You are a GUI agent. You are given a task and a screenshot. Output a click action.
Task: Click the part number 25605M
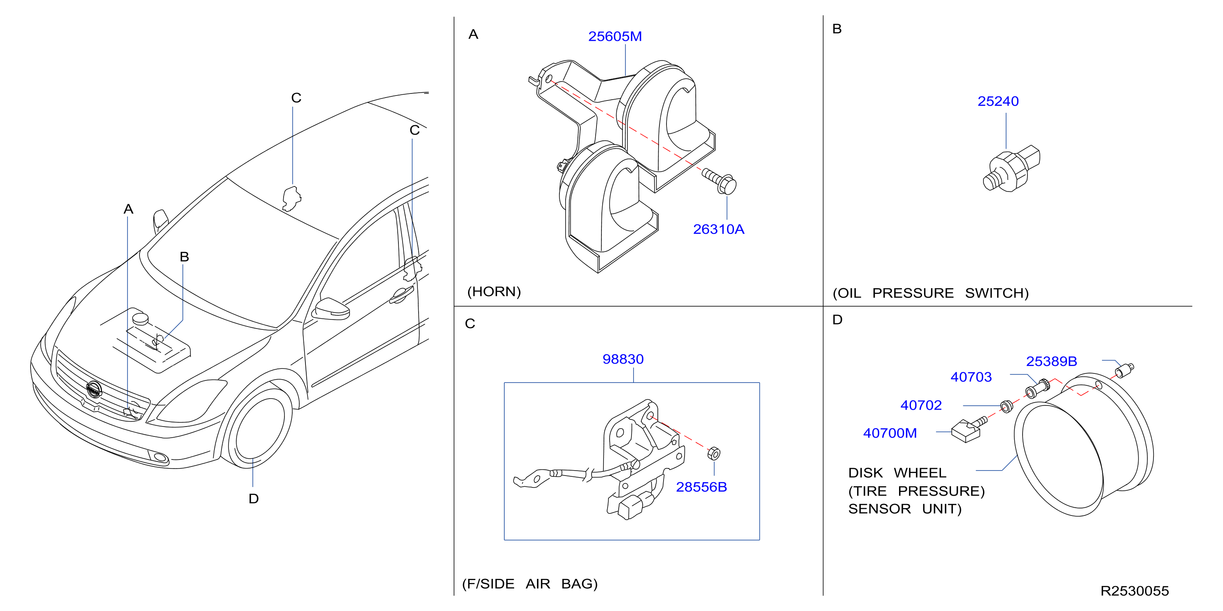(x=615, y=37)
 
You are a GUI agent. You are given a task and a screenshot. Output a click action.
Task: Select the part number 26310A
(x=718, y=229)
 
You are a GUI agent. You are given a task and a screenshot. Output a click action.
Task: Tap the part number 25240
(x=998, y=101)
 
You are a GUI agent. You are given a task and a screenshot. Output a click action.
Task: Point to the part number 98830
(x=623, y=359)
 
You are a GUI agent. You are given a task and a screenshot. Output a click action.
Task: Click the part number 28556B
(x=701, y=487)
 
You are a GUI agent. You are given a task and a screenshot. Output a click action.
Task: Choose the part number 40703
(x=971, y=377)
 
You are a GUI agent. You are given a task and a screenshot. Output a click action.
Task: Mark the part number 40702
(x=921, y=405)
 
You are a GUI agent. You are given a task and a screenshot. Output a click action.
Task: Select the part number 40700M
(x=890, y=433)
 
